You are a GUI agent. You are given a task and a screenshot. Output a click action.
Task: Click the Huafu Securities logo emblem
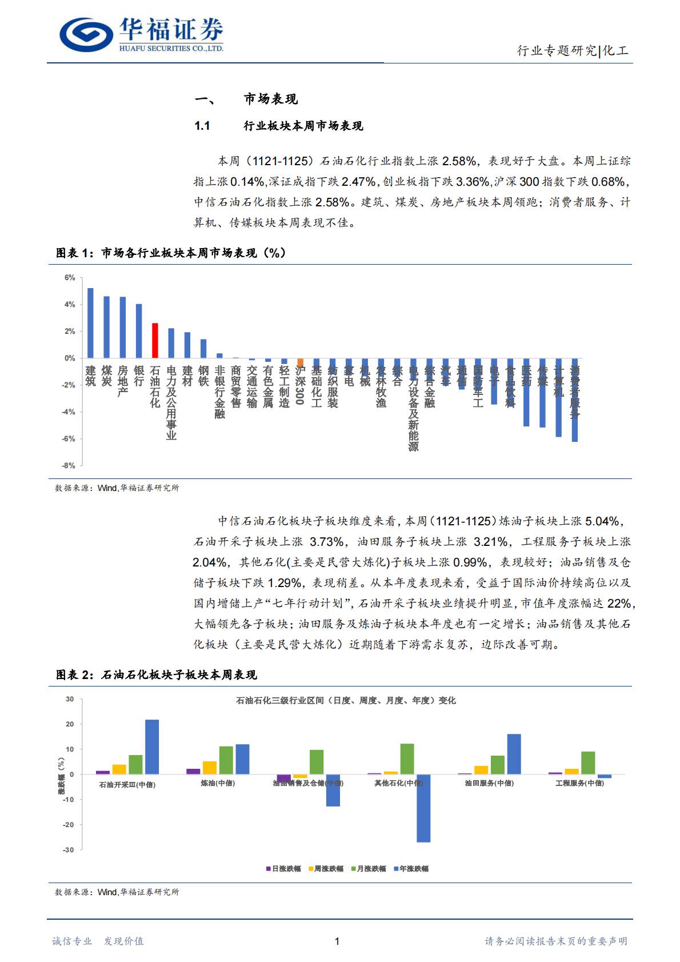tap(86, 34)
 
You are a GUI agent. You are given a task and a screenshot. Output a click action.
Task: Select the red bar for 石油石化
tap(155, 341)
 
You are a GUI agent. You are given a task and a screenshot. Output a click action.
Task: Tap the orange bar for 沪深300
tap(300, 362)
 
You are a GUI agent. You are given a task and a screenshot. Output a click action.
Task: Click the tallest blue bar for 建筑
tap(90, 323)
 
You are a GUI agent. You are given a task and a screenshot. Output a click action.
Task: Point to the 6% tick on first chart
tap(70, 278)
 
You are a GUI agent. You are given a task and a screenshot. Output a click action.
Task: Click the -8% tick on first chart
tap(69, 466)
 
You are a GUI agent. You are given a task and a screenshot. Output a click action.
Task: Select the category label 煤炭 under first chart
tap(107, 376)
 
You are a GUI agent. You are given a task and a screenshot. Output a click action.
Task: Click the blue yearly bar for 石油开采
tap(152, 747)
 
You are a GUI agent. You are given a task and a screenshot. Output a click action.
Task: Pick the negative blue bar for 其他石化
tap(423, 808)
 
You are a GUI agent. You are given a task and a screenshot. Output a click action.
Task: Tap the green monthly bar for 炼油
tap(226, 760)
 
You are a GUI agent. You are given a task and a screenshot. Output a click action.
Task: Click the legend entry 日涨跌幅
tap(283, 869)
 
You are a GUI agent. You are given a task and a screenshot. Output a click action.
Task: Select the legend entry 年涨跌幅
tap(411, 869)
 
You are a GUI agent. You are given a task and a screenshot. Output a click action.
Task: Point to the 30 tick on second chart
tap(70, 699)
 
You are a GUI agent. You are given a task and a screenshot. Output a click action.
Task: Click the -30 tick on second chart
tap(69, 850)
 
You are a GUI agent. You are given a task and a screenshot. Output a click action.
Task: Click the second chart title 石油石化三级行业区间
tap(346, 700)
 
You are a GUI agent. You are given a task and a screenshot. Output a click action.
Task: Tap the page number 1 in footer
tap(337, 941)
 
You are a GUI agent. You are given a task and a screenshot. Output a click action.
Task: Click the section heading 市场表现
tap(271, 99)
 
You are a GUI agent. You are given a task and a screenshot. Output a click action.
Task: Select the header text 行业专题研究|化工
tap(573, 51)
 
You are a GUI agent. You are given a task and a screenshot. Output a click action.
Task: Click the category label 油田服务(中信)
tap(489, 783)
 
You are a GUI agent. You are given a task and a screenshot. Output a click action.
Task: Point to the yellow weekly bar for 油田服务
tap(481, 770)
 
